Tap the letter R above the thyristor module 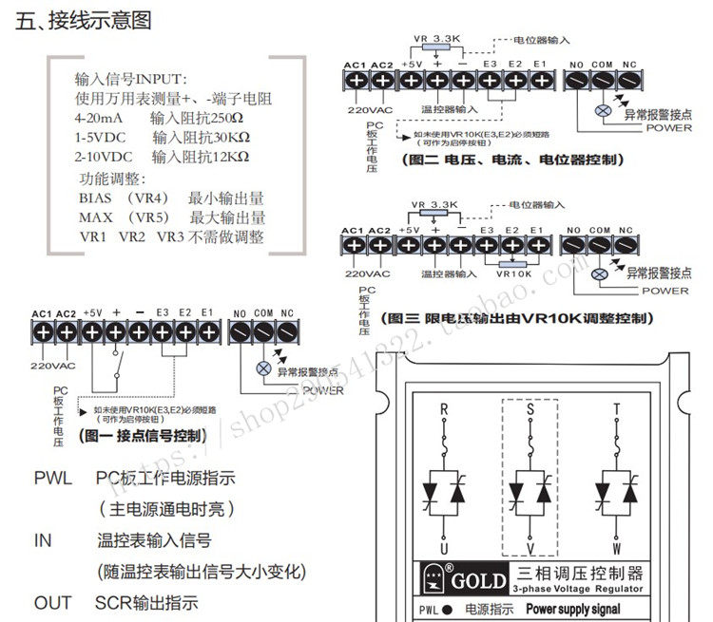pyautogui.click(x=444, y=410)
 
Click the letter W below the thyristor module pyautogui.click(x=617, y=548)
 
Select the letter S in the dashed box pyautogui.click(x=530, y=410)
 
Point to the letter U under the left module pyautogui.click(x=444, y=548)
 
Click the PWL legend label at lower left pyautogui.click(x=52, y=479)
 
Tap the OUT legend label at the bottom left pyautogui.click(x=52, y=603)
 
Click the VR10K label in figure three pyautogui.click(x=513, y=273)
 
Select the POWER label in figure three pyautogui.click(x=665, y=291)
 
